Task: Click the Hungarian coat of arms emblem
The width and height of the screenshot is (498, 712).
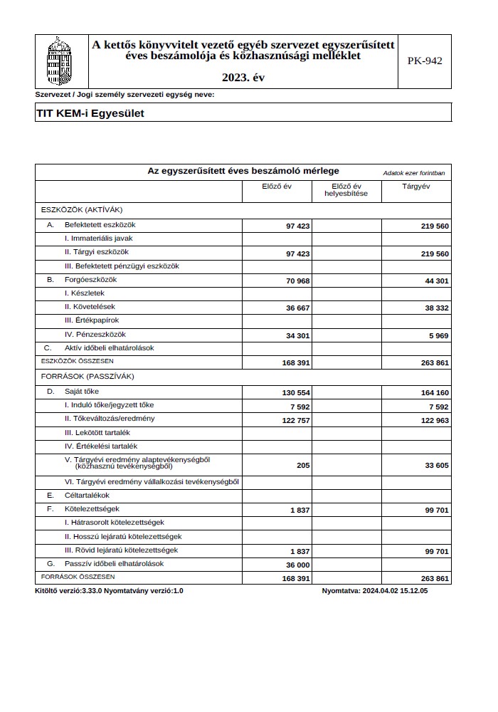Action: [59, 61]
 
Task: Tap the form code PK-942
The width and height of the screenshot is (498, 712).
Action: [425, 61]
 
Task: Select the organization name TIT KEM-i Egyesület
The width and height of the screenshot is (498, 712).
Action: [90, 112]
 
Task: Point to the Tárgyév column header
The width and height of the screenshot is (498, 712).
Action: [416, 187]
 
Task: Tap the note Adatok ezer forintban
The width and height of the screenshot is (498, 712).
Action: [414, 173]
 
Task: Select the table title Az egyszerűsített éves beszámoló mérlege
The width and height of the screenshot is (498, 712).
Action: [243, 171]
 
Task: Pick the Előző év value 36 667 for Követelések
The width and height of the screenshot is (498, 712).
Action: [297, 308]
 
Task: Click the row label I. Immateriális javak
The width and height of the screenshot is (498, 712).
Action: [99, 239]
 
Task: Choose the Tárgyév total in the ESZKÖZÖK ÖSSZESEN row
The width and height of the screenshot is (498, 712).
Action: [434, 362]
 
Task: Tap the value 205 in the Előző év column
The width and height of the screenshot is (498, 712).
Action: [304, 466]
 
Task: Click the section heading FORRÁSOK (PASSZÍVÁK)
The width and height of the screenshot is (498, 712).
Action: [88, 375]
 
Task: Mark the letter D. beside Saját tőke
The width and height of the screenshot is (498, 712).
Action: [51, 392]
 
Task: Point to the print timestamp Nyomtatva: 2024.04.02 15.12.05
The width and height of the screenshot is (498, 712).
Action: [374, 591]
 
